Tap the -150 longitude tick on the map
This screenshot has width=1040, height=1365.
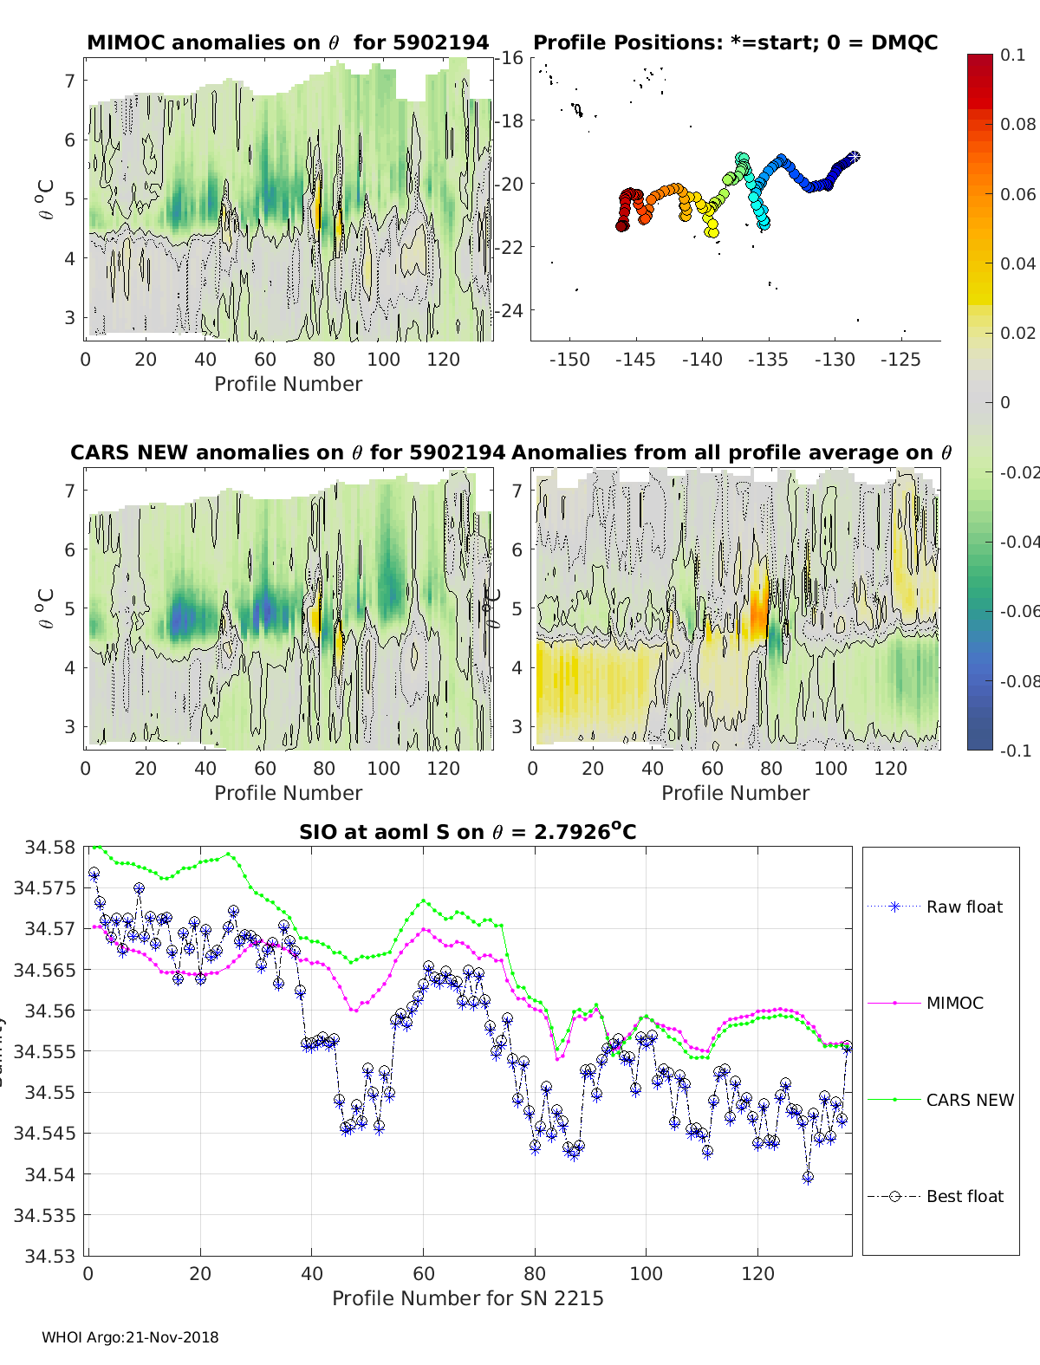point(569,360)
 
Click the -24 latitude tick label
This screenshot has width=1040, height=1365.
point(509,310)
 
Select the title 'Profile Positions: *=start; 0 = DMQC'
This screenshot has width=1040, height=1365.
point(735,42)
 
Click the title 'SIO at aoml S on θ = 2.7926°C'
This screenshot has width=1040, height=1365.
point(467,832)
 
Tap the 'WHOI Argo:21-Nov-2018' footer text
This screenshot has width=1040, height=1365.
point(130,1337)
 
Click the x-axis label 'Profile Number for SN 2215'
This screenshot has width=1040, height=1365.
point(467,1297)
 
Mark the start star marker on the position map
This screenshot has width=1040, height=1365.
point(854,156)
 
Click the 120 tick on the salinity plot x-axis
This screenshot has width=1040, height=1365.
point(758,1273)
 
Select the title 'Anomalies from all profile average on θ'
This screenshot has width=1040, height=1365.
point(731,452)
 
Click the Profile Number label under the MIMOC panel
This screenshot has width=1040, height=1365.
point(288,384)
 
